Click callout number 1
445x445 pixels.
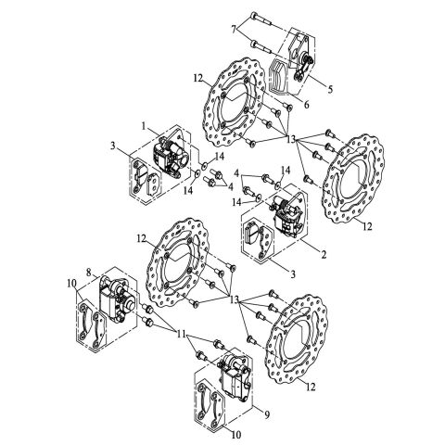144,124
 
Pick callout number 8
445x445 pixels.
89,273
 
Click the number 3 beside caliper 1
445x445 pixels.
113,147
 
